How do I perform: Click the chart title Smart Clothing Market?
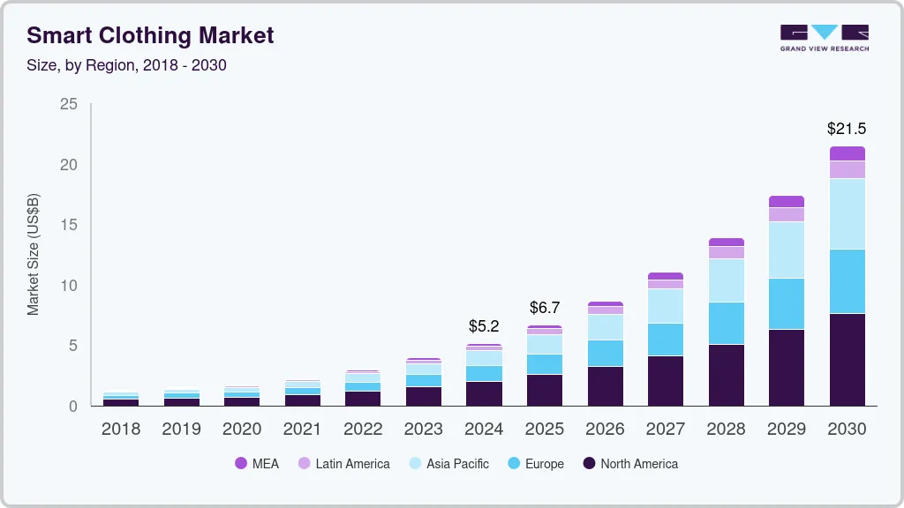click(x=150, y=35)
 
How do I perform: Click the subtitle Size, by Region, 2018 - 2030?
click(x=126, y=65)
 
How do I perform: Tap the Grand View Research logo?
click(x=824, y=37)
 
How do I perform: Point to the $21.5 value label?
click(x=846, y=129)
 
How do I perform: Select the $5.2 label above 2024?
click(x=484, y=326)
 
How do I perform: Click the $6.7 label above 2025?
click(x=544, y=308)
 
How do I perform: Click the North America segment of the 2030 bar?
click(x=846, y=359)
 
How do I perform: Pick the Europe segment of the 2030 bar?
click(x=846, y=281)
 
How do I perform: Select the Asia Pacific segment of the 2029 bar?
click(x=786, y=250)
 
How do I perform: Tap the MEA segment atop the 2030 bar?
click(x=846, y=153)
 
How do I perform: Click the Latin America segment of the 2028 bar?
click(x=726, y=252)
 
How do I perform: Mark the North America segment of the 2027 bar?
click(x=665, y=380)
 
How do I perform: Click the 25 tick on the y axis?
click(x=68, y=104)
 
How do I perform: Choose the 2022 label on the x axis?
click(x=363, y=430)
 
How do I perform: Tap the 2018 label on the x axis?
click(x=120, y=430)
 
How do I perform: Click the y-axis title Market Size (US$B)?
click(x=34, y=254)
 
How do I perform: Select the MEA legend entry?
click(x=257, y=464)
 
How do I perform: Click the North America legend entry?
click(x=629, y=464)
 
